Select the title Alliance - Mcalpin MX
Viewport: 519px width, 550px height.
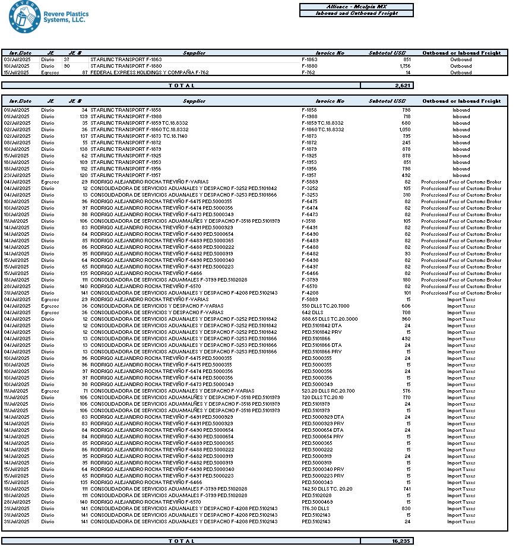click(356, 7)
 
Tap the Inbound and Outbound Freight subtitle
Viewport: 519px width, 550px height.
click(356, 13)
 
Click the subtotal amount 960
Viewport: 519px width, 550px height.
click(406, 319)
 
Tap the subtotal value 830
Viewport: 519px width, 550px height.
click(406, 508)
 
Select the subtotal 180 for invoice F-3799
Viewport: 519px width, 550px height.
click(407, 280)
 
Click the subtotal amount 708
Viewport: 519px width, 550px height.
click(406, 312)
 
